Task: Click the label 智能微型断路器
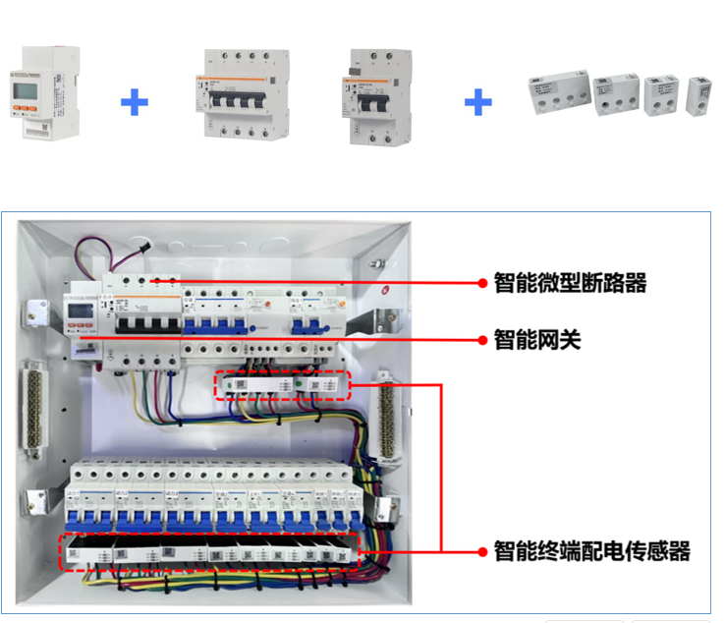click(570, 283)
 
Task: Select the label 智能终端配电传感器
click(590, 550)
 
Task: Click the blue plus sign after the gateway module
click(135, 101)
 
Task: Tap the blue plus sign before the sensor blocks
click(477, 101)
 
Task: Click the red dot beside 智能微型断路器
click(482, 283)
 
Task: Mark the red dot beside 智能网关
click(482, 341)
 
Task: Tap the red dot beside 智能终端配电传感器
click(482, 550)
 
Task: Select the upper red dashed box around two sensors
click(282, 386)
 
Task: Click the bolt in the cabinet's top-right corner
click(375, 262)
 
